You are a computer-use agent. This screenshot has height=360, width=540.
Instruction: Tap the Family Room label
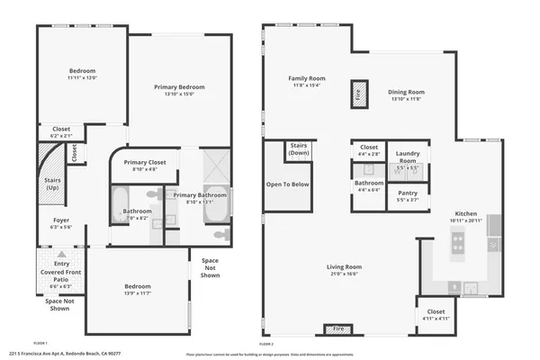(307, 78)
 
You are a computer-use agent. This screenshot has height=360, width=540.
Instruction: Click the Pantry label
(407, 193)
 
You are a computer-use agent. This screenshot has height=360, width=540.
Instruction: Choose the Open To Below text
(288, 184)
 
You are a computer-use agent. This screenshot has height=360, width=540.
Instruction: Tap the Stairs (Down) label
(299, 149)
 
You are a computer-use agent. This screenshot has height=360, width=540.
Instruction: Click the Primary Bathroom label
(199, 195)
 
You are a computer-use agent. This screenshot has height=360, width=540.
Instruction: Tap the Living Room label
(344, 266)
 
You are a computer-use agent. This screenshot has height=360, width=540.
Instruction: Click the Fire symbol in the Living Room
(338, 329)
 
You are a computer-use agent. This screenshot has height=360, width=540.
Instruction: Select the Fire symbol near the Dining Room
(357, 93)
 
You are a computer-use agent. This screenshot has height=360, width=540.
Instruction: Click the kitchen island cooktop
(457, 241)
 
